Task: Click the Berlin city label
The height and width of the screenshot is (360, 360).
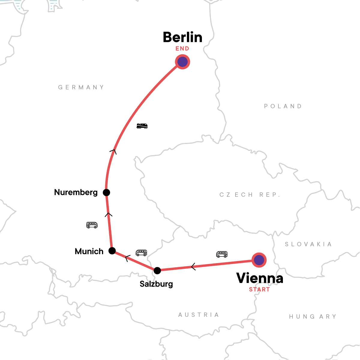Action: pyautogui.click(x=182, y=37)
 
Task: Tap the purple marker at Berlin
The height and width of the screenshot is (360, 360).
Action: pyautogui.click(x=182, y=62)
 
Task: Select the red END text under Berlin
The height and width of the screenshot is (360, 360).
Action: pyautogui.click(x=182, y=49)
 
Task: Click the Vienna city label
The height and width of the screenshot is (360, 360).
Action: pyautogui.click(x=260, y=278)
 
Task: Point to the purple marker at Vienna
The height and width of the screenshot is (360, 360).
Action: pyautogui.click(x=259, y=260)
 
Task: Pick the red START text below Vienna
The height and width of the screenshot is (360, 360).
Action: pyautogui.click(x=259, y=289)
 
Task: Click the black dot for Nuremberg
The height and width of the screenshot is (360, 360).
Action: pyautogui.click(x=106, y=192)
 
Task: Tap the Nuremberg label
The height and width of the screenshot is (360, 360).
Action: pyautogui.click(x=76, y=192)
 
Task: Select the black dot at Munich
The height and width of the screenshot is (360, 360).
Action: pyautogui.click(x=112, y=251)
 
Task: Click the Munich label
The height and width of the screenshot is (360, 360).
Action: pyautogui.click(x=89, y=251)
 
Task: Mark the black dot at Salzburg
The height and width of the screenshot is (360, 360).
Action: pyautogui.click(x=157, y=270)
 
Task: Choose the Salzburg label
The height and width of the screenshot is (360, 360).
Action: pyautogui.click(x=156, y=284)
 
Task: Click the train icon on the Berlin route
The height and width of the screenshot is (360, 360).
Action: pyautogui.click(x=142, y=126)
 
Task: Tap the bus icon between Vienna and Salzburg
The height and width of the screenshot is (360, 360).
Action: pyautogui.click(x=222, y=254)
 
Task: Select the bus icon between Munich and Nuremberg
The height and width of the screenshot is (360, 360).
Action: pyautogui.click(x=92, y=225)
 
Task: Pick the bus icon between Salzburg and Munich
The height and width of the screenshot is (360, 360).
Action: pyautogui.click(x=141, y=253)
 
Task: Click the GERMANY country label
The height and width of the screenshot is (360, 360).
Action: pyautogui.click(x=81, y=87)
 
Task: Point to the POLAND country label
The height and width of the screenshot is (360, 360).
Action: pyautogui.click(x=283, y=106)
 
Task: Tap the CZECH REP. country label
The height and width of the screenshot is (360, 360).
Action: pyautogui.click(x=250, y=195)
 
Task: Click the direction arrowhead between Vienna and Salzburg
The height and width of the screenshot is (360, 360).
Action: pyautogui.click(x=193, y=266)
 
